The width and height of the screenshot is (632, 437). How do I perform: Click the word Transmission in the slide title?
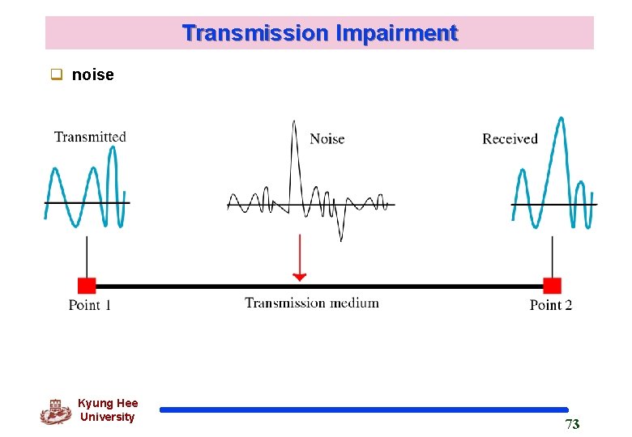[255, 33]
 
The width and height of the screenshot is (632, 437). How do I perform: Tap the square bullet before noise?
[58, 75]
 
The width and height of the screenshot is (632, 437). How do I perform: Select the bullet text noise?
[93, 75]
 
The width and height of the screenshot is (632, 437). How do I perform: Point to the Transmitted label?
[90, 137]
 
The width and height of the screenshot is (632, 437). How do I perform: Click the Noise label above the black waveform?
[327, 139]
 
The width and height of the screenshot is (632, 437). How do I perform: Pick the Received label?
[510, 139]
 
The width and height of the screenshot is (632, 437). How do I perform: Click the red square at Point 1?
[87, 285]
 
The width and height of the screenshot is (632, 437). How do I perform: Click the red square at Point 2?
[552, 285]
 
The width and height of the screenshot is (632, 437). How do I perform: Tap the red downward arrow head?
[300, 277]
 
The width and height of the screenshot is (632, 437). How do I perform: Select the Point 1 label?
[90, 305]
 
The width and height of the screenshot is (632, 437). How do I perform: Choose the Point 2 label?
[551, 305]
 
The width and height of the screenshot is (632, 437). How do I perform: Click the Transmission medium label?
[312, 303]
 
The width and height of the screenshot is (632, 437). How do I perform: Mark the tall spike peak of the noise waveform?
[293, 123]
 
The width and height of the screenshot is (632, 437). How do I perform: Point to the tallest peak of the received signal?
[560, 119]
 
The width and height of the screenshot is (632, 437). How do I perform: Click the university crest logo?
[55, 411]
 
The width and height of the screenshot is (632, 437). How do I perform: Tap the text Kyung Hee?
[108, 403]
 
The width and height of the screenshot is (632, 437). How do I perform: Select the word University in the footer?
[108, 417]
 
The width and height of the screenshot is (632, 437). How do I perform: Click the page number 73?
[572, 425]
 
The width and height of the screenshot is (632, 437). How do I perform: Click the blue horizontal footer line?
[364, 410]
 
